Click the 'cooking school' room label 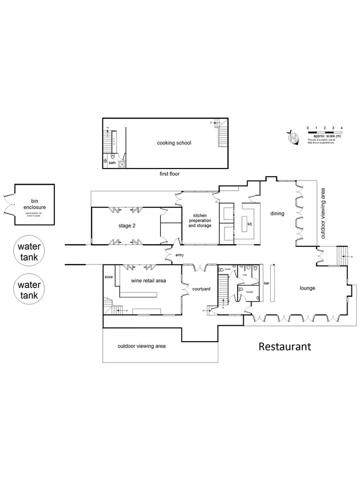[174, 143]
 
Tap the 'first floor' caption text [170, 174]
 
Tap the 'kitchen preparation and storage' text [200, 220]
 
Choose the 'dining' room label [277, 214]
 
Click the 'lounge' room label [307, 288]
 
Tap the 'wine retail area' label [149, 280]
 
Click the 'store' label [109, 277]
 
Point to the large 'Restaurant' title [285, 346]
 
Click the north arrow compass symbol [292, 138]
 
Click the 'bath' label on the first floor [112, 163]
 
